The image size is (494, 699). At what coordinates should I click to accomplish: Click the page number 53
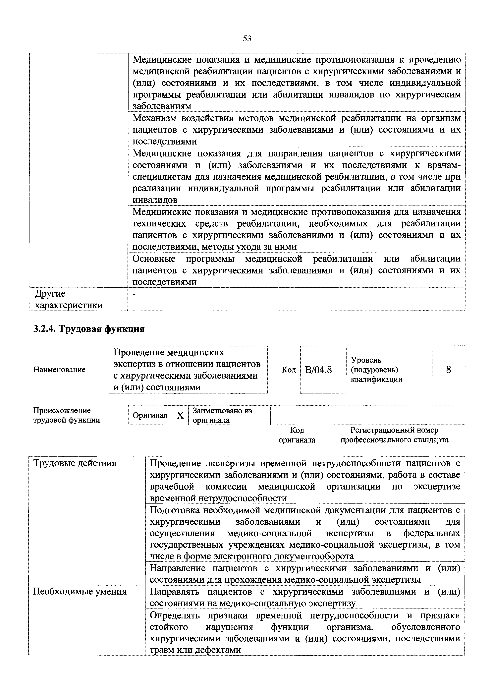[x=247, y=39]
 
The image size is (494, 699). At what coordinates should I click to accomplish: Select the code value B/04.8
[x=318, y=370]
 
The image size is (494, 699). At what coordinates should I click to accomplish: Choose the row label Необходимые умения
[x=80, y=592]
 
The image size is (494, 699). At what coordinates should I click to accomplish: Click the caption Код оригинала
[x=297, y=435]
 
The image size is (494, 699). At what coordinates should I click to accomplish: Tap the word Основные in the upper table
[x=154, y=259]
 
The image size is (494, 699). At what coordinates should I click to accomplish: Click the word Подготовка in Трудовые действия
[x=174, y=510]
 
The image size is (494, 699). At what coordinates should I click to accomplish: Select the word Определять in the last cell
[x=175, y=615]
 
